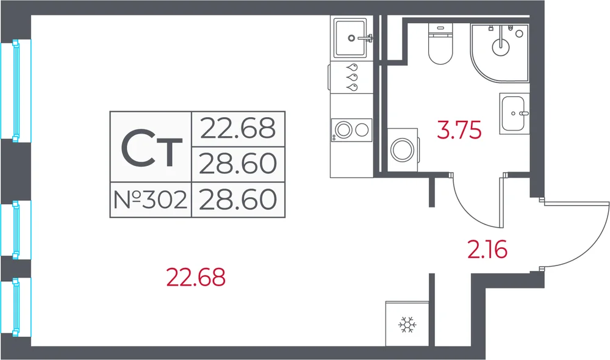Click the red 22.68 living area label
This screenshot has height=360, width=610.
[196, 278]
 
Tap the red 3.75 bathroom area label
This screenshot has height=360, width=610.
[459, 130]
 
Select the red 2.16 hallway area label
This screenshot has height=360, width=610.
[487, 249]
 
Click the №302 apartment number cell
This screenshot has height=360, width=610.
[151, 200]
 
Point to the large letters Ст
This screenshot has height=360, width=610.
[151, 148]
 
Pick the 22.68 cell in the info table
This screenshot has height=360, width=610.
[238, 129]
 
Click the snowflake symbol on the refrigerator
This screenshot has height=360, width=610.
[407, 325]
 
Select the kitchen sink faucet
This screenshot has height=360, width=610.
[365, 38]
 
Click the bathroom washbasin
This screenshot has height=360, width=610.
[514, 113]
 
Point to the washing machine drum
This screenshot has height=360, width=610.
[402, 150]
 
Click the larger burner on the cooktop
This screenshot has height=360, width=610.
[344, 130]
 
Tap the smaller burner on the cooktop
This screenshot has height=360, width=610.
[362, 130]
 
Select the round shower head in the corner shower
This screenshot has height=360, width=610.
[501, 47]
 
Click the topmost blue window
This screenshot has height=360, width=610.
[16, 90]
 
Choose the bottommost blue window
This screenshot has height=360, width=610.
[16, 307]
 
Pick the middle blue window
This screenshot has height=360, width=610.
[16, 229]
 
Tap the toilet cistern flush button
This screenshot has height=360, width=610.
[440, 28]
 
